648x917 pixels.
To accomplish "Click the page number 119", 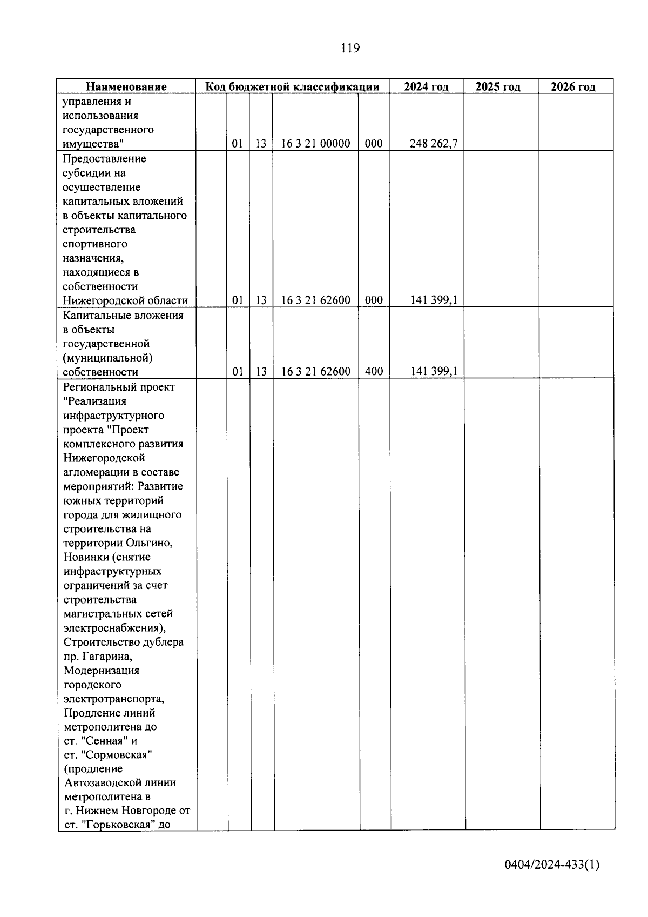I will [350, 48].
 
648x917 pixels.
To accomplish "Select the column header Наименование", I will [126, 87].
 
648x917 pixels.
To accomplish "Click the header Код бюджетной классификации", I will [292, 87].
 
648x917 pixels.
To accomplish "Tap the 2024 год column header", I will [426, 87].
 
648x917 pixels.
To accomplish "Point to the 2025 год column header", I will [498, 87].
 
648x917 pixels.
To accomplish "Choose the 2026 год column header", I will [573, 87].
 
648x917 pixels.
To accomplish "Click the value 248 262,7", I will [433, 144].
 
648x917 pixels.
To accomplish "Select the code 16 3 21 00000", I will [315, 144].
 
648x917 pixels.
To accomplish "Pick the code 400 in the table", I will [374, 372].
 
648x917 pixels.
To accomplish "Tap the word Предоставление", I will [104, 159].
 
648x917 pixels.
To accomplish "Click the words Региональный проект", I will [119, 387].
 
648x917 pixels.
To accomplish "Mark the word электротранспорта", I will [113, 699].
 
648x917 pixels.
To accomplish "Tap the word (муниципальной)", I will [107, 358].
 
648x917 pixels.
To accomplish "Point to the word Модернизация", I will [101, 671].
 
